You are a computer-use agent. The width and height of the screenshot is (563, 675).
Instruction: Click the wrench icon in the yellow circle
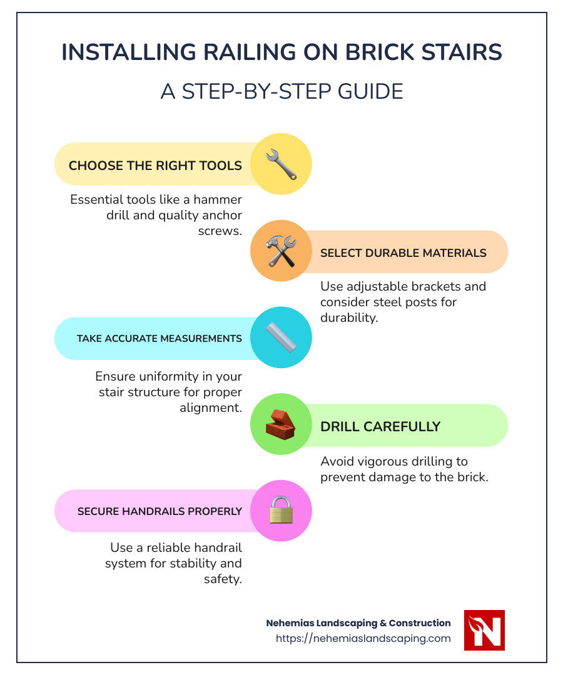click(x=281, y=164)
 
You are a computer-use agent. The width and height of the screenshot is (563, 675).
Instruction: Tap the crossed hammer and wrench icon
click(x=281, y=251)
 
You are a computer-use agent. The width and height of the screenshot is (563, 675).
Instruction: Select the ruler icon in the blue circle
click(x=281, y=337)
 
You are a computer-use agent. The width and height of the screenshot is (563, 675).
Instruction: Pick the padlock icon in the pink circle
click(x=281, y=511)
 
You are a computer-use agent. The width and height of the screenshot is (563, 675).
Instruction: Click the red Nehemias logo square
click(x=484, y=630)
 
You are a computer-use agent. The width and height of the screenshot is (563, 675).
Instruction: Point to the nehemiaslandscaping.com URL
click(x=363, y=639)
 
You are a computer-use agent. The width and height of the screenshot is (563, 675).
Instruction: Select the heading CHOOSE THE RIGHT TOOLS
click(x=155, y=166)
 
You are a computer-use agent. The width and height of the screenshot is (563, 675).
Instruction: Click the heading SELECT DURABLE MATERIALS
click(x=403, y=253)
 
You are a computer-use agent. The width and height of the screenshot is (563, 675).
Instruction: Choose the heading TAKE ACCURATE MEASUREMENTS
click(x=160, y=338)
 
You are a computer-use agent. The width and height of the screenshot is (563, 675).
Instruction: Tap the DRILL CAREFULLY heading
click(x=380, y=426)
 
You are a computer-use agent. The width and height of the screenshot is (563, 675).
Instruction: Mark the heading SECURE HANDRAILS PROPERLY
click(x=160, y=511)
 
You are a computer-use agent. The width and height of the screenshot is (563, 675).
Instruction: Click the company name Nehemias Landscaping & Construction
click(x=358, y=623)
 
